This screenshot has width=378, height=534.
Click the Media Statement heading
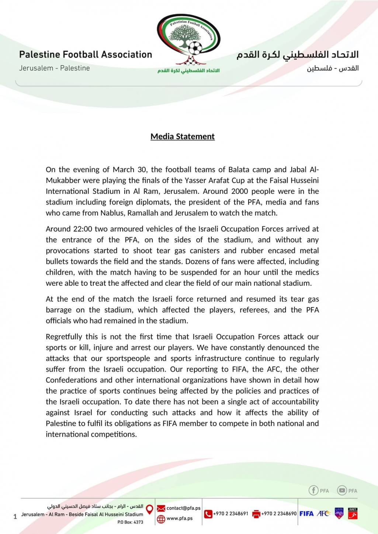pos(183,137)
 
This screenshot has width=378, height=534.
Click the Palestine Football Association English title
pos(86,55)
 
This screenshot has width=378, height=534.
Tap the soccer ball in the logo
pos(195,48)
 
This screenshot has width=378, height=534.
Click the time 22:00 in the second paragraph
pos(83,229)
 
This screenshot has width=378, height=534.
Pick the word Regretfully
pos(64,337)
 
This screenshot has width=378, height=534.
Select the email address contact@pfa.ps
pos(183,508)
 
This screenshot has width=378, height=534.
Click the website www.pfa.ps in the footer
pos(179,519)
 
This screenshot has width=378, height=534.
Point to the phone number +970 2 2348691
pos(230,513)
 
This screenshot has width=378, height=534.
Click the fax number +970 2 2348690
pos(279,513)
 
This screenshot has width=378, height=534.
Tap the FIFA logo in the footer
pos(306,513)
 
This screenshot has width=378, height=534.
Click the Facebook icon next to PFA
pos(313,490)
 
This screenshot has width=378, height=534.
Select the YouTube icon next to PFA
pos(342,490)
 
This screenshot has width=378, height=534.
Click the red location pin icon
pos(149,509)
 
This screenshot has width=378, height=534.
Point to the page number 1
pos(15,517)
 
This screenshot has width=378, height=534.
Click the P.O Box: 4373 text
pos(130,522)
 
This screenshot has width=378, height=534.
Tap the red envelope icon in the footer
pos(161,509)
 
